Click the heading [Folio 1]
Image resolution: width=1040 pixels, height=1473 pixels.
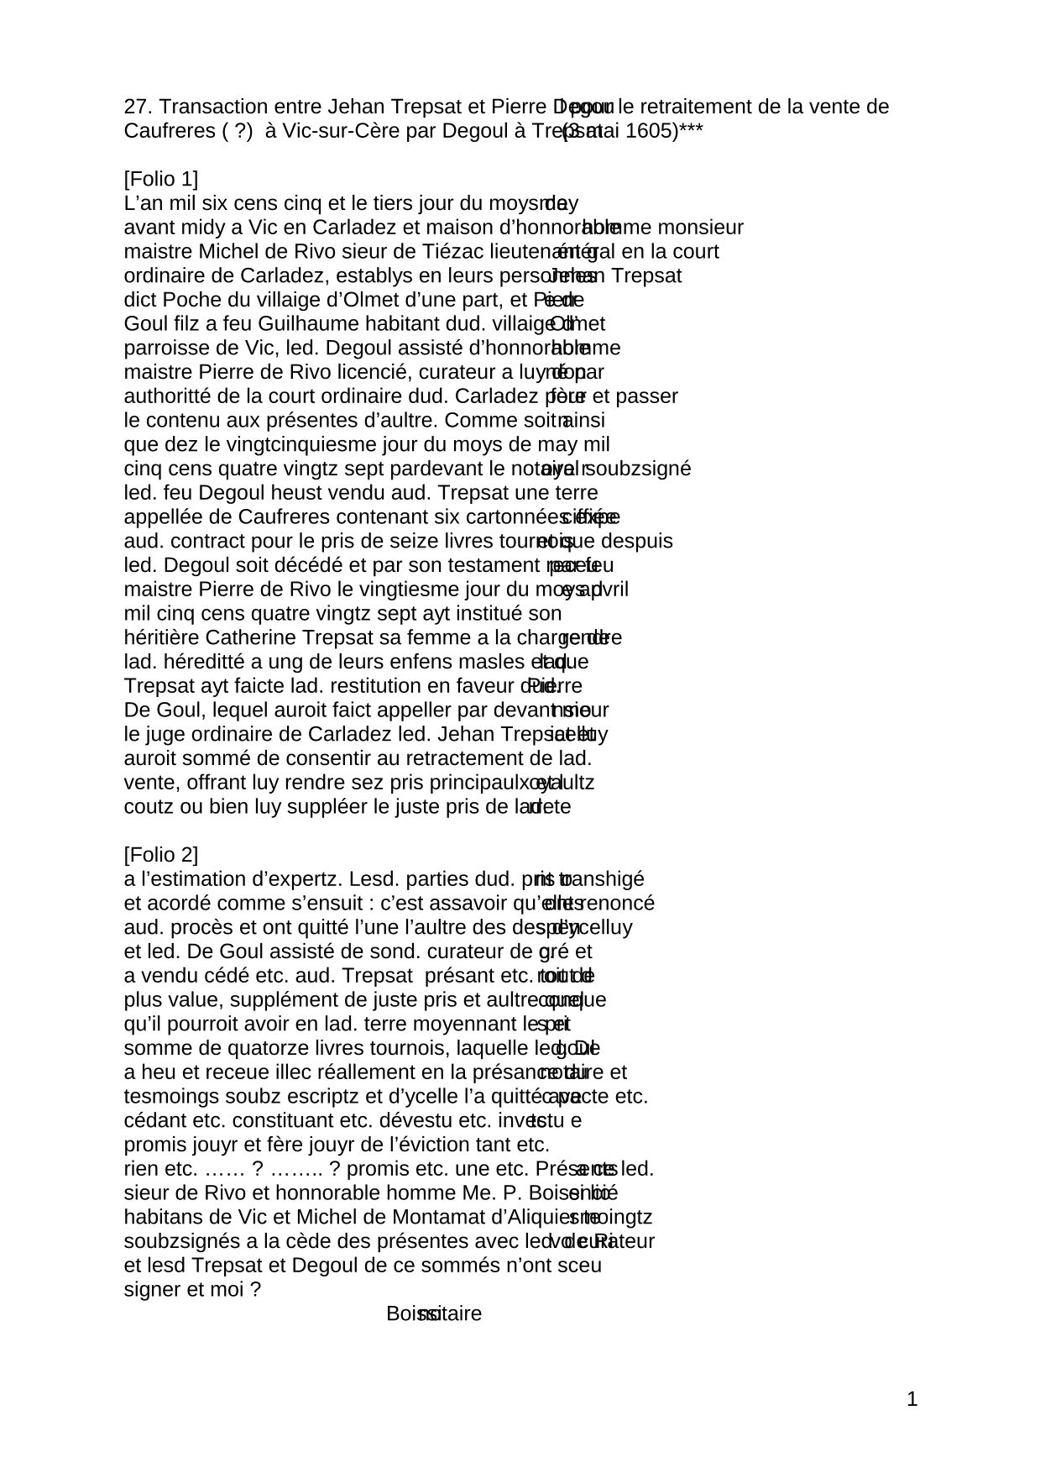point(160,179)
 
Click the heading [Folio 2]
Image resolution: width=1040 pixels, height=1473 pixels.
point(160,855)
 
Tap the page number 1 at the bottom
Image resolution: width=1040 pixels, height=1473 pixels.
point(912,1399)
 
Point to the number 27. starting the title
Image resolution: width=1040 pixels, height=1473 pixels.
point(138,107)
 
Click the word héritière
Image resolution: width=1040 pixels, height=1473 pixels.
point(161,637)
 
